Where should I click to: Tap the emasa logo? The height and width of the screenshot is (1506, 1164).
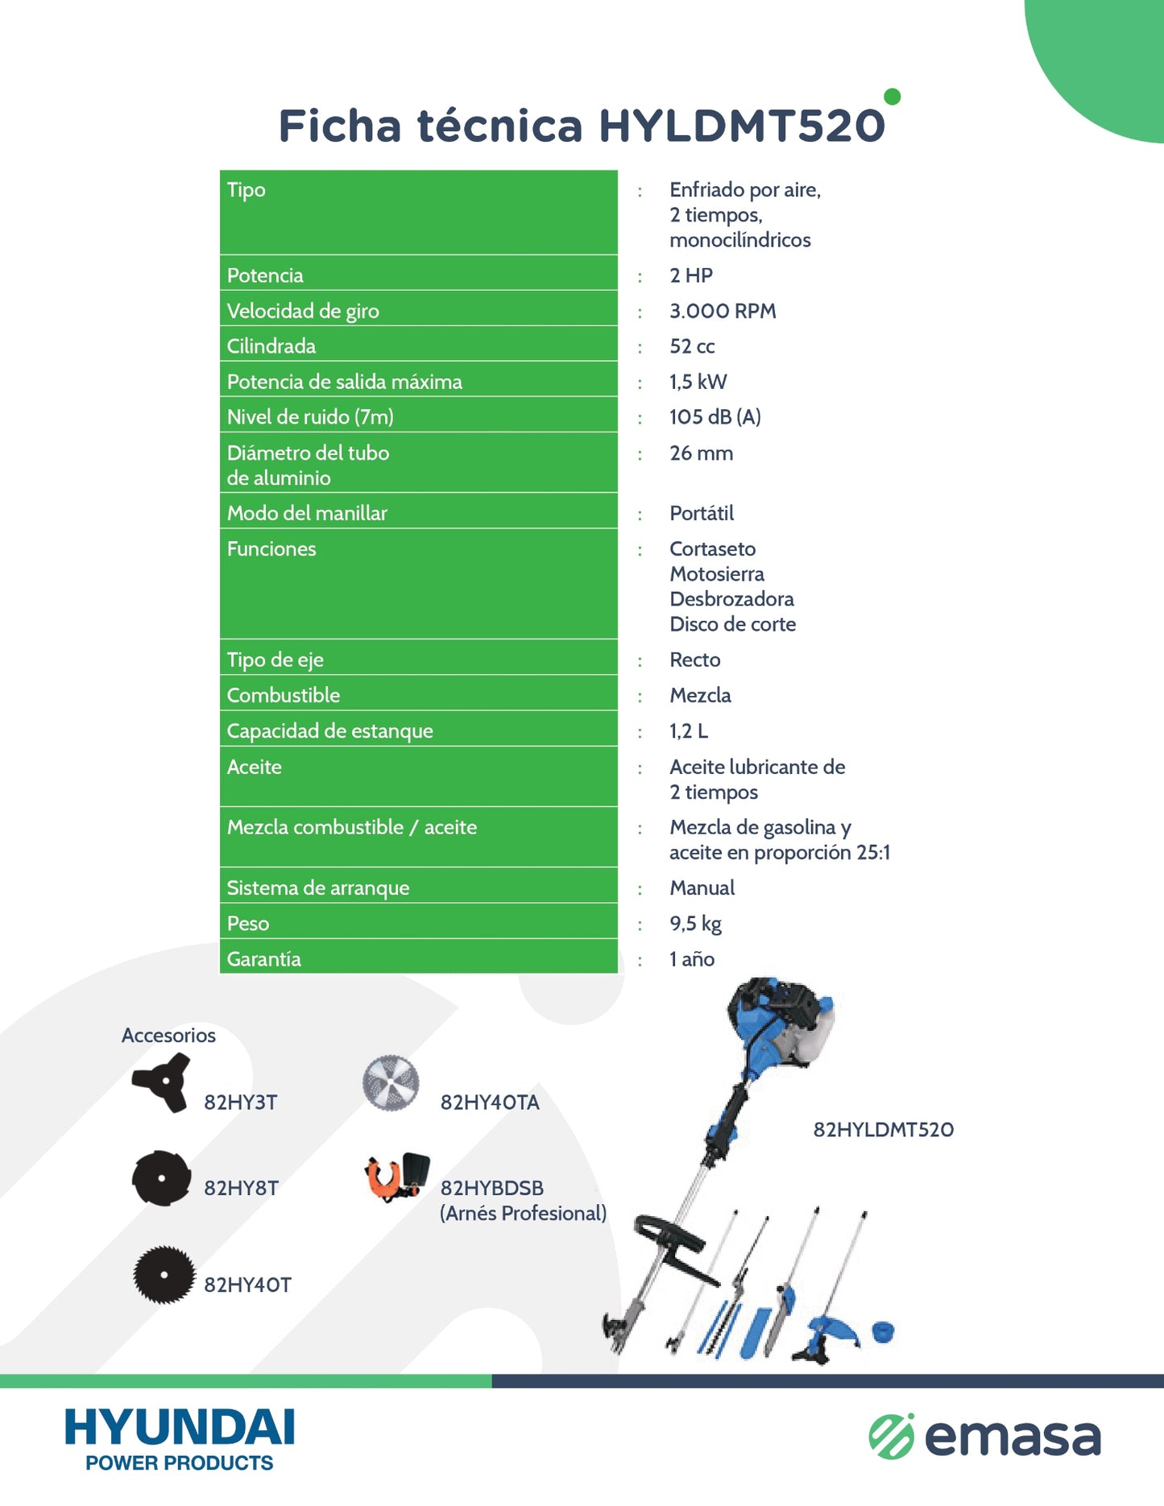[x=984, y=1438]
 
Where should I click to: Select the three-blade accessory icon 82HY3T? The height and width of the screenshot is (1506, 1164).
[x=161, y=1083]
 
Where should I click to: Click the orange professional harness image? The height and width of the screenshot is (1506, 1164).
[x=396, y=1177]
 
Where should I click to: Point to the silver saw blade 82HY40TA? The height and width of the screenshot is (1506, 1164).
[x=391, y=1083]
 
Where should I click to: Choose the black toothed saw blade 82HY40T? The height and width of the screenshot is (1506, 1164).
[x=164, y=1275]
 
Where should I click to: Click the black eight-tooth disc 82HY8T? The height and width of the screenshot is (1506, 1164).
[x=161, y=1178]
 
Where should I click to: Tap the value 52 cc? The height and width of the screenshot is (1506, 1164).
[x=692, y=346]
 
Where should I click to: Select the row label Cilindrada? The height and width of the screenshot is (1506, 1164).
[x=271, y=346]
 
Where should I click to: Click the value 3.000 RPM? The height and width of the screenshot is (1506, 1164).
[x=723, y=311]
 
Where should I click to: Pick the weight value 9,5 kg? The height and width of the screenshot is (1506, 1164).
[x=695, y=924]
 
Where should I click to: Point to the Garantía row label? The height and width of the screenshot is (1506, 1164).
[x=263, y=959]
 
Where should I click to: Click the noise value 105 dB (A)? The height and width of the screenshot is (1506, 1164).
[x=715, y=417]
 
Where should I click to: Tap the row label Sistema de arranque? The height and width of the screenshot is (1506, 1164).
[x=317, y=888]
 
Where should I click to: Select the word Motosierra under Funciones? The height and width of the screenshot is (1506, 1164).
[x=716, y=574]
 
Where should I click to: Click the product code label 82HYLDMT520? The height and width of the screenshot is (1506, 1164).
[x=883, y=1130]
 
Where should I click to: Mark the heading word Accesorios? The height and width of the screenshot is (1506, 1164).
[x=168, y=1036]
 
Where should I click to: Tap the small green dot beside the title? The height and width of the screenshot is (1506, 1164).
[x=892, y=97]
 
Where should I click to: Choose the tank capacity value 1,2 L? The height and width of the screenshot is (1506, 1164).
[x=689, y=731]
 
